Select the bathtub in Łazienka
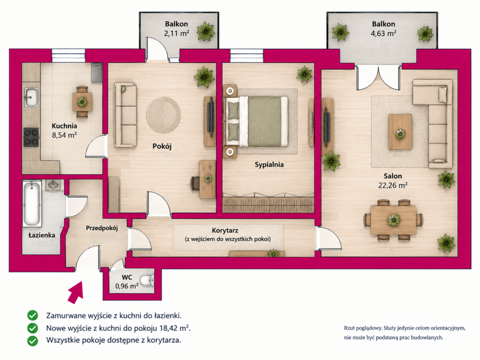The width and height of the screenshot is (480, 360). pyautogui.click(x=32, y=203)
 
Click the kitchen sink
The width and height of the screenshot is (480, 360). pyautogui.click(x=31, y=97)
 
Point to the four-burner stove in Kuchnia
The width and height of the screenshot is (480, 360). pyautogui.click(x=31, y=137)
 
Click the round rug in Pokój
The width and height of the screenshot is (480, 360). pyautogui.click(x=163, y=115)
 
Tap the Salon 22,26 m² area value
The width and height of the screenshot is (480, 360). pyautogui.click(x=393, y=185)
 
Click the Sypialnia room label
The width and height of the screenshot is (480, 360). pyautogui.click(x=269, y=165)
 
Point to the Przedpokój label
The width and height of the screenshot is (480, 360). pyautogui.click(x=102, y=228)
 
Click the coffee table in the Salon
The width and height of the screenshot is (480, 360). pyautogui.click(x=400, y=132)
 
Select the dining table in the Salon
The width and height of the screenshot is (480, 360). pyautogui.click(x=393, y=220)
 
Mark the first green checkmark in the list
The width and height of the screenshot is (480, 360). pyautogui.click(x=32, y=315)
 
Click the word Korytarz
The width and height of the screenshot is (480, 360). pyautogui.click(x=225, y=231)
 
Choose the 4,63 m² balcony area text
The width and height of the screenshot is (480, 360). pyautogui.click(x=383, y=33)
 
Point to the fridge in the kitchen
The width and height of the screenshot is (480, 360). pyautogui.click(x=97, y=73)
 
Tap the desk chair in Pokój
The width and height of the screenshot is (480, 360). pyautogui.click(x=195, y=183)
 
